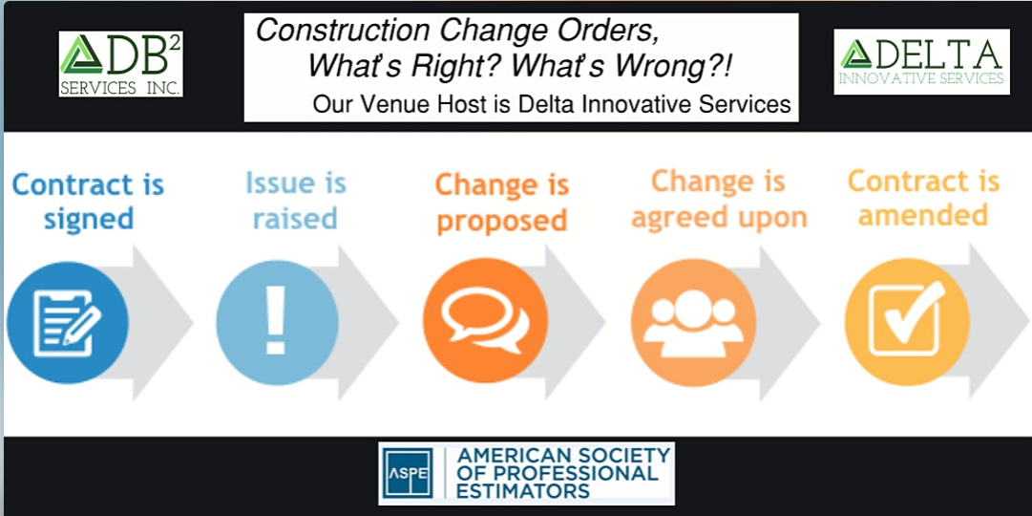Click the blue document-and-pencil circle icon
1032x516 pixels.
point(67,319)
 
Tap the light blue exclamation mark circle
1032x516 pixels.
point(277,319)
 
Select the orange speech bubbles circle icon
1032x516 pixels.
point(485,320)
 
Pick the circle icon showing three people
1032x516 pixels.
point(692,321)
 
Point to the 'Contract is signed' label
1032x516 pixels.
point(88,202)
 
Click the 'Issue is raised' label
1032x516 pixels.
point(295,201)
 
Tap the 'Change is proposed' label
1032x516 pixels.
point(501,203)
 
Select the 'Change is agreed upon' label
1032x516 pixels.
point(719,199)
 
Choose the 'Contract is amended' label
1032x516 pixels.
point(923,198)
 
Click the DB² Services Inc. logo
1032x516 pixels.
point(120,63)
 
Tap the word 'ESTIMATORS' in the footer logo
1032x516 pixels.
point(523,491)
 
